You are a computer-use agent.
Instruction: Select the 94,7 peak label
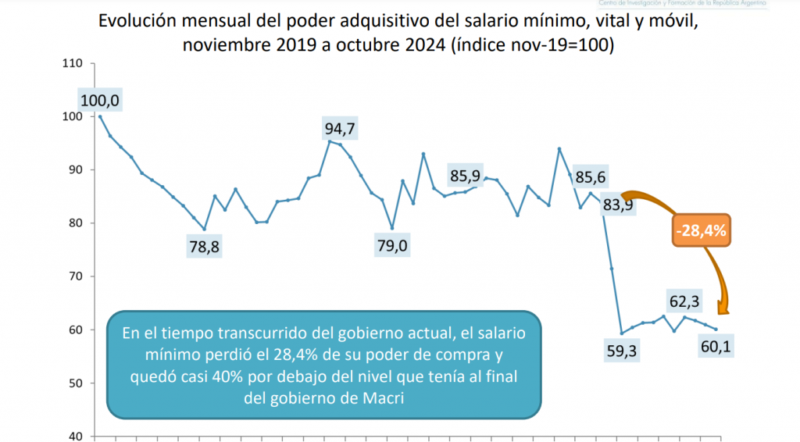[345, 127]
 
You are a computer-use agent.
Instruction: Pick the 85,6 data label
[591, 176]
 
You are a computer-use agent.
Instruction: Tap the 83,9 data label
[617, 205]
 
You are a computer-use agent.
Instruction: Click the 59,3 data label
[621, 351]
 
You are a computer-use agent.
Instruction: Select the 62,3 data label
[684, 301]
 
